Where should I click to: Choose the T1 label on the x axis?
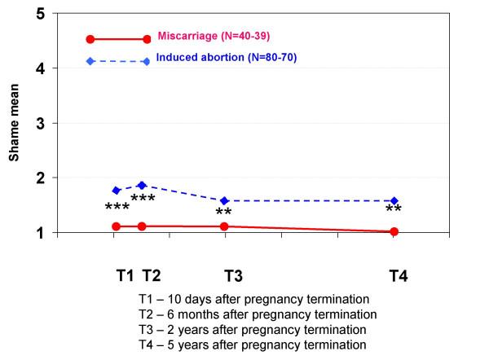click(x=125, y=275)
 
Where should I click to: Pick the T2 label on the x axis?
click(x=151, y=275)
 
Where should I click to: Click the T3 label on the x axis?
click(x=234, y=275)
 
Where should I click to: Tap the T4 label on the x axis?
click(x=398, y=275)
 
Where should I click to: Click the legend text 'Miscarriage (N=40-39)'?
click(x=219, y=37)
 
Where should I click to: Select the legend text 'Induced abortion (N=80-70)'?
click(x=226, y=59)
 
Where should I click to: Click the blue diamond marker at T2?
click(x=142, y=185)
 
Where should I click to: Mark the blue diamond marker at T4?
click(x=394, y=200)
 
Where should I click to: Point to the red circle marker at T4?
click(x=394, y=231)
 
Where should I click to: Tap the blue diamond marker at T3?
click(x=225, y=200)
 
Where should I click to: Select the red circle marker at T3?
click(x=225, y=226)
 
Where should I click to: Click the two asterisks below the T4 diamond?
click(x=394, y=211)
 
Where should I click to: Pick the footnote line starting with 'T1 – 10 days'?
click(x=253, y=300)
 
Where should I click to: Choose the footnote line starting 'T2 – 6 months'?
click(x=258, y=314)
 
